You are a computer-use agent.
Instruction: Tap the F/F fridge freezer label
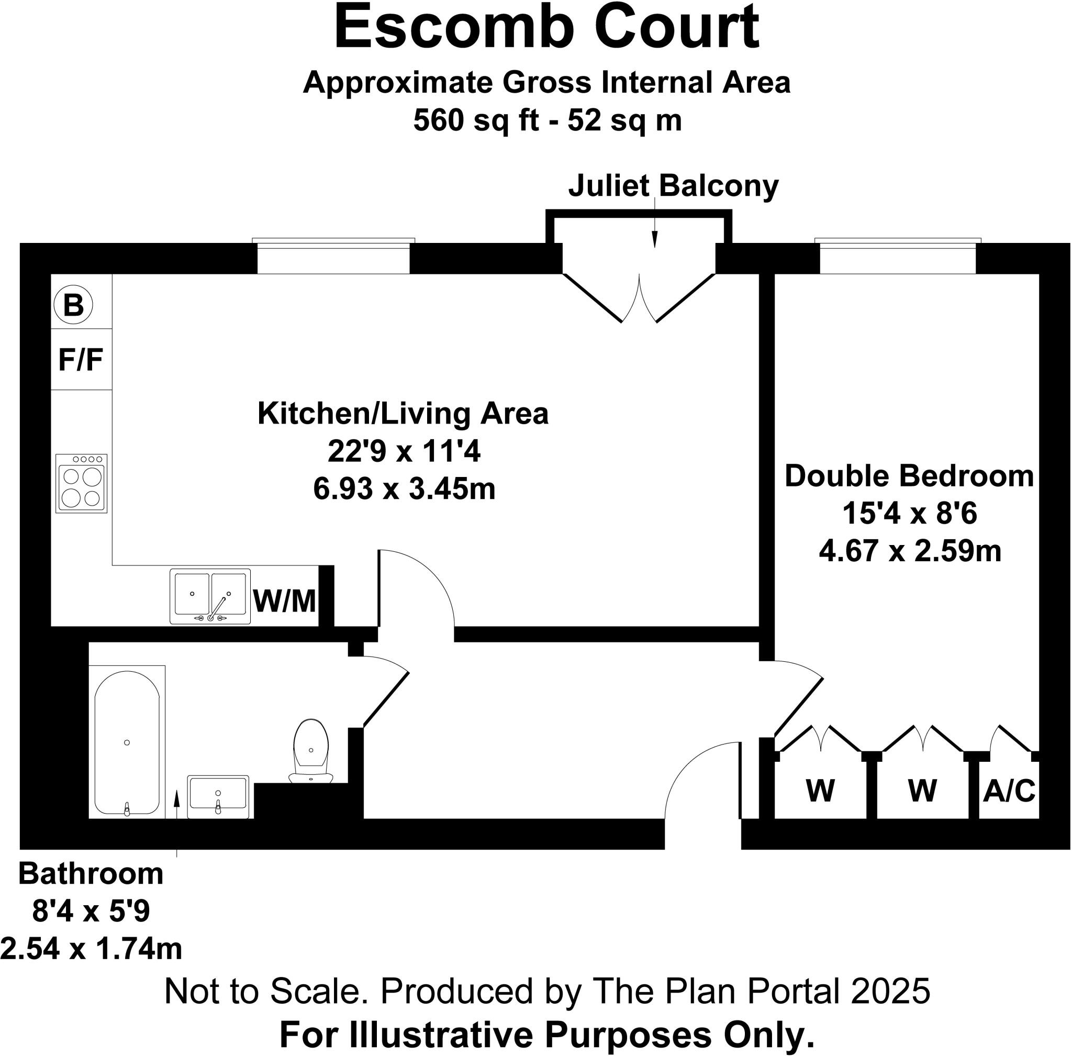(81, 359)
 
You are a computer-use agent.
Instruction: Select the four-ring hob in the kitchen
(82, 483)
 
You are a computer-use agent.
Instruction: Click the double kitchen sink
(209, 597)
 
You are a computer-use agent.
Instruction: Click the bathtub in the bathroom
(127, 742)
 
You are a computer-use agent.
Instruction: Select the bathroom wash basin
(218, 796)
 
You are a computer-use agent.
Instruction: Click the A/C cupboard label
(1009, 791)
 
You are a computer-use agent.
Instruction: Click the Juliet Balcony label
(673, 186)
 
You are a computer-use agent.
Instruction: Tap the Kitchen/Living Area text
(403, 414)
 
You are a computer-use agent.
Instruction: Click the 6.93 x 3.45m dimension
(404, 489)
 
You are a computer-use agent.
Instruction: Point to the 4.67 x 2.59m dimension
(910, 551)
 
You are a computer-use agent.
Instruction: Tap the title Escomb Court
(546, 28)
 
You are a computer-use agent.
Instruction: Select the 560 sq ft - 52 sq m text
(548, 120)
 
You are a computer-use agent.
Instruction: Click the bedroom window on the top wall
(897, 256)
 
